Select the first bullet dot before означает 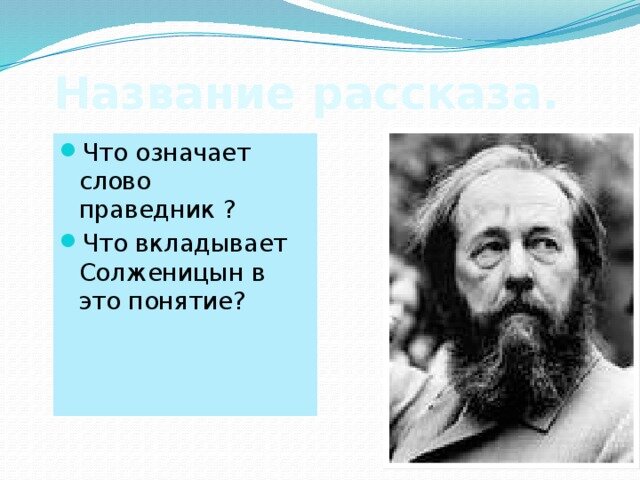(x=67, y=152)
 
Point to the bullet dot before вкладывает (x=67, y=242)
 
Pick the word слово (x=115, y=182)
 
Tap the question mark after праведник (x=230, y=211)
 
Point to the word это (x=102, y=300)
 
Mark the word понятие (x=189, y=300)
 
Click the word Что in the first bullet (x=103, y=154)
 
